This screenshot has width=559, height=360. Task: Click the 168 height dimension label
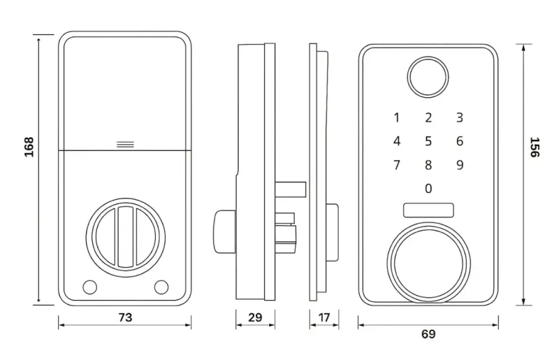click(29, 147)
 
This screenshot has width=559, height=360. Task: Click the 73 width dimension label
click(125, 317)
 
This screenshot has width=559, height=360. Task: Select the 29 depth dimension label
click(255, 317)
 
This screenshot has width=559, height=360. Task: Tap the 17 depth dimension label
click(324, 317)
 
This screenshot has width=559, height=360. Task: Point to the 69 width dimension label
click(428, 334)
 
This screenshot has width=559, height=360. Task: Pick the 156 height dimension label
click(535, 147)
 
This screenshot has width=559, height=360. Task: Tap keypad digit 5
click(428, 141)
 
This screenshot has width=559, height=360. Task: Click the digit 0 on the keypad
click(428, 188)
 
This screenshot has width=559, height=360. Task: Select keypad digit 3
click(460, 117)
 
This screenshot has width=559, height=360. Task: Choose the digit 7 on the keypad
click(396, 165)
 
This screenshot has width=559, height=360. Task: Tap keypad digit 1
click(396, 117)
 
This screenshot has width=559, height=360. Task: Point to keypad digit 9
click(460, 165)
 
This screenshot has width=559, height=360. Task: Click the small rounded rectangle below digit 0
click(428, 210)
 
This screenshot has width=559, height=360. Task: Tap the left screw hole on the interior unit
click(89, 287)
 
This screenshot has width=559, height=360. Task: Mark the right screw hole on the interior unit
click(161, 287)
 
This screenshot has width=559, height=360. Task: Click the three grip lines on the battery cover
click(126, 145)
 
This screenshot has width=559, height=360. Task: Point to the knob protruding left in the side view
click(224, 231)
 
